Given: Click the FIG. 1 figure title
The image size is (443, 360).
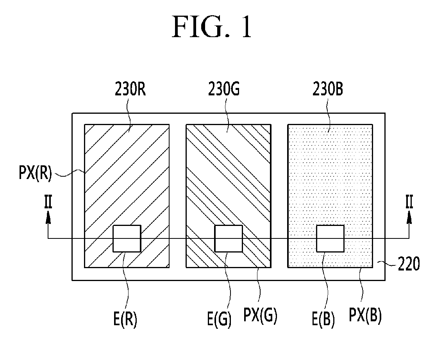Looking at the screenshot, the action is (212, 27).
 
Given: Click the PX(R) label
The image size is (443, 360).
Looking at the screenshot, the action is (35, 173).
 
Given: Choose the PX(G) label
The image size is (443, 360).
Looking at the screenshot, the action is (260, 315).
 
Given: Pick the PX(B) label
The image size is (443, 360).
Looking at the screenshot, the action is (365, 315).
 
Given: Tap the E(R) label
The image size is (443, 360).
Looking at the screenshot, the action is (125, 320).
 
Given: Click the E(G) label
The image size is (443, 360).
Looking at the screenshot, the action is (219, 320).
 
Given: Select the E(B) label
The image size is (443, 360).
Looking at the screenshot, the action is (323, 320).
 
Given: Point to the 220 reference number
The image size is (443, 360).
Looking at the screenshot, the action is (409, 264).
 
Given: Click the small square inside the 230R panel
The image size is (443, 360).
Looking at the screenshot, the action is (127, 238).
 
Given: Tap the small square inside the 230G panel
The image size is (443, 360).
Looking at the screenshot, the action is (229, 238).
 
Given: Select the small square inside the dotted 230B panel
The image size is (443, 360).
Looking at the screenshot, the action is (330, 238).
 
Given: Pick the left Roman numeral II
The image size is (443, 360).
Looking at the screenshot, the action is (48, 202).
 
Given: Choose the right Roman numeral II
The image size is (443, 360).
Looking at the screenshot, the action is (409, 202).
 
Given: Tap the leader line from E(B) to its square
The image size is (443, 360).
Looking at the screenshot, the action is (326, 281).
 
